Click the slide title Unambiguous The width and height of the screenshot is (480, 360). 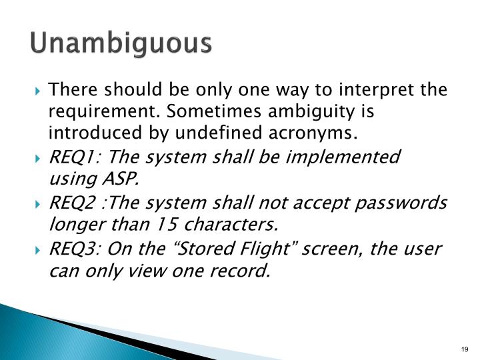point(121,44)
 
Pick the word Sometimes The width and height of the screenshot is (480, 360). point(207,111)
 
